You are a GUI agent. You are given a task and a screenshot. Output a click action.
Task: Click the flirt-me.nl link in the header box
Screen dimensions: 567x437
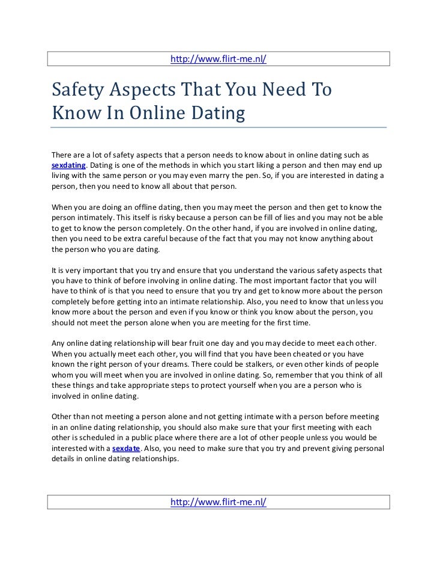(218, 59)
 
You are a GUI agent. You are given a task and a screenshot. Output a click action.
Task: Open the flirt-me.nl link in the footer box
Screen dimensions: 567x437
(218, 501)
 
